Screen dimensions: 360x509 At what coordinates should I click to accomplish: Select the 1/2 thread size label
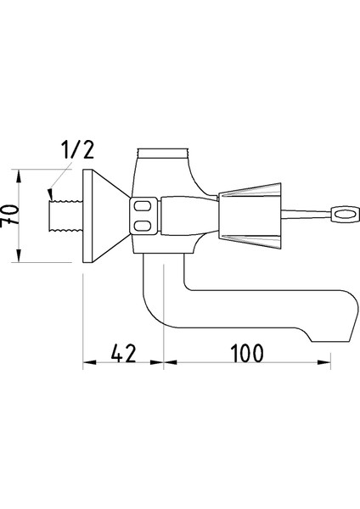[77, 150]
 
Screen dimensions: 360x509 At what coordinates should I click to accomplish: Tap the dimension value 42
[123, 354]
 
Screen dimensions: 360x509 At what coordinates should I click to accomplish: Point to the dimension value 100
[247, 354]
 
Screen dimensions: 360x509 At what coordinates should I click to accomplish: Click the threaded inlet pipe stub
[65, 216]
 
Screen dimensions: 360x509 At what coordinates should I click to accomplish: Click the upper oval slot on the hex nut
[143, 206]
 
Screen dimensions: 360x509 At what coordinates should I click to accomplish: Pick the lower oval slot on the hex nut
[143, 226]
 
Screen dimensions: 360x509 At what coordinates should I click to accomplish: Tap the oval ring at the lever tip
[345, 215]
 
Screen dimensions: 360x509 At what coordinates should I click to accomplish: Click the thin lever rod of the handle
[306, 215]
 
